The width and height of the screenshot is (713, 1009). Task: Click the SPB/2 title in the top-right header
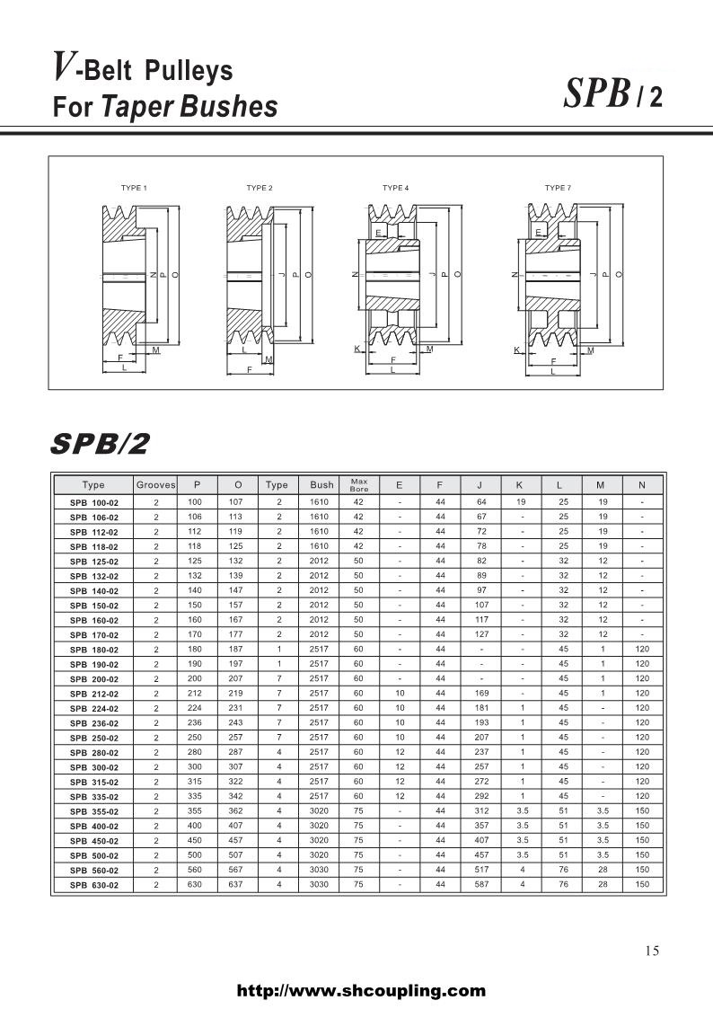613,94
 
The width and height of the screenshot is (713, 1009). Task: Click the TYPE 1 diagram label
134,188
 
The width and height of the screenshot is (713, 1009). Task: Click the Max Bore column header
358,485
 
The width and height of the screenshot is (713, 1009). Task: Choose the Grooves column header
155,485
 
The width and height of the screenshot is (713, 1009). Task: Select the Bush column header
321,485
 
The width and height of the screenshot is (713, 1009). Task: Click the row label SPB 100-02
93,502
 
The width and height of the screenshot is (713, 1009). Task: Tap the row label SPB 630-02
93,885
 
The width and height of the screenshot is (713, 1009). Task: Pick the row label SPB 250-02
93,739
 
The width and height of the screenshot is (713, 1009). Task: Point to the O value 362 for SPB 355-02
238,810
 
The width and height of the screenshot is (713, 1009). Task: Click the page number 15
652,951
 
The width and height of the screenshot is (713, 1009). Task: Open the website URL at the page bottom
360,991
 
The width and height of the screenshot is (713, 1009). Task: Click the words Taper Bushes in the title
189,107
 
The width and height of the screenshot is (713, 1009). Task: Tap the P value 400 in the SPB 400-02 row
197,825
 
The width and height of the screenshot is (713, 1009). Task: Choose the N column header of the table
642,485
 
